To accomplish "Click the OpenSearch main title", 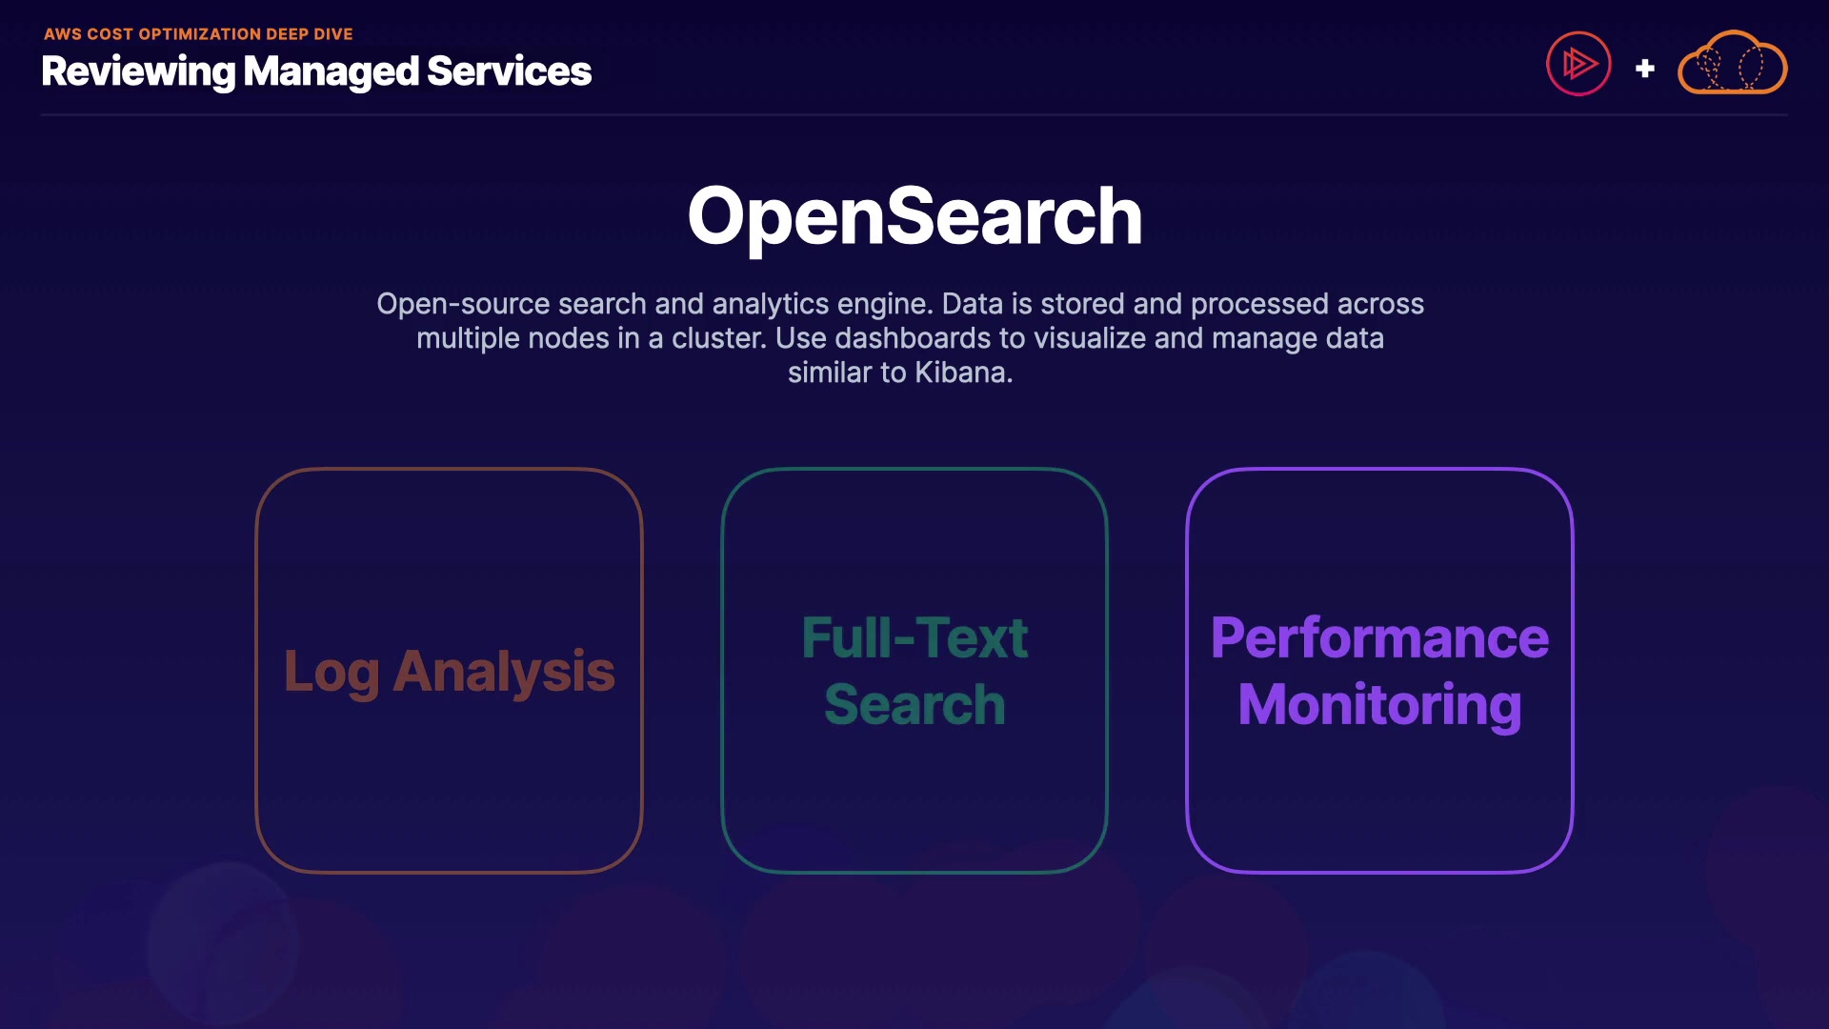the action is coord(914,217).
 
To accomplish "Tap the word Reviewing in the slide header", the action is coord(138,72).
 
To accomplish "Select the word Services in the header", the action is coord(510,72).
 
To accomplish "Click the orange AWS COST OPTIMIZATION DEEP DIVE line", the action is coord(198,34).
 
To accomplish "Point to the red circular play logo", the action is coord(1578,65).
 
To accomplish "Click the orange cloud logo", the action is coord(1732,65).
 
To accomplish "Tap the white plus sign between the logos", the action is coord(1645,69).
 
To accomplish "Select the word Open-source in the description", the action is coord(463,304).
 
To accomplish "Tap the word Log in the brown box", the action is coord(332,673).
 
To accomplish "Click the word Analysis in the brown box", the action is coord(504,673).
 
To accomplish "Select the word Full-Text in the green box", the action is coord(914,637).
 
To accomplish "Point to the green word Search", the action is coord(914,705).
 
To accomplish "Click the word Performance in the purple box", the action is coord(1379,637).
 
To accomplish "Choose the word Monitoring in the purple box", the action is coord(1379,705).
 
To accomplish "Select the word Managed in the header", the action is coord(331,72).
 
